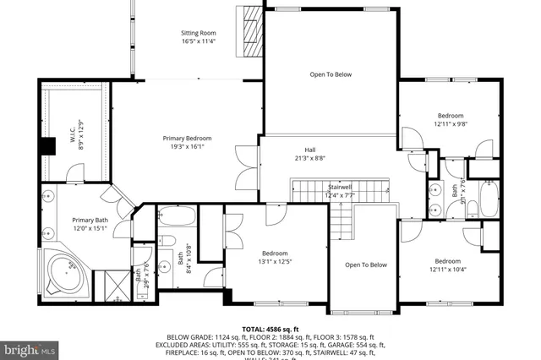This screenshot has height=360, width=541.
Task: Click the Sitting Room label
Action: (x=199, y=34)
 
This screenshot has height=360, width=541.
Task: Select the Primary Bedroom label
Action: (x=187, y=138)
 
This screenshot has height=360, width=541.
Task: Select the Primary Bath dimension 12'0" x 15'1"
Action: (x=90, y=227)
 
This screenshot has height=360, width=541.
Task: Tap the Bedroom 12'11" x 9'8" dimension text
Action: (x=450, y=123)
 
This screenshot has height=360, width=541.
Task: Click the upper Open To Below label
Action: (x=330, y=74)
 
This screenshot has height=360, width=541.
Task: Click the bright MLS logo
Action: (x=30, y=347)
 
